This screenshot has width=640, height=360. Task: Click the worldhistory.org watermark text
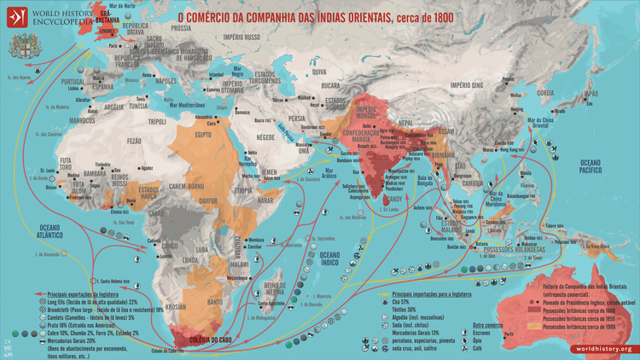pos(602,349)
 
